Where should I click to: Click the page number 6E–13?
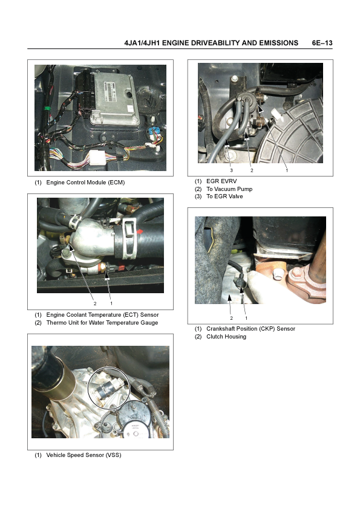(322, 43)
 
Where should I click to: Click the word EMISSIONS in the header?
(278, 43)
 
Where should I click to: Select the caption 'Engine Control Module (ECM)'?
(85, 183)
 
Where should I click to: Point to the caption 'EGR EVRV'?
(221, 181)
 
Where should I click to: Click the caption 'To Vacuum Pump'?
(229, 189)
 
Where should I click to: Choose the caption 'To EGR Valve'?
(224, 196)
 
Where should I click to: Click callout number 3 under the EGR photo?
(231, 170)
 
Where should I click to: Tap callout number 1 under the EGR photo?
(287, 170)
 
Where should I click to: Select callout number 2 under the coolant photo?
(95, 303)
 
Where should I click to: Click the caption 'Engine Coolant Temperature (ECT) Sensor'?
(102, 315)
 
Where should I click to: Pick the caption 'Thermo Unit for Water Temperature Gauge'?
(102, 323)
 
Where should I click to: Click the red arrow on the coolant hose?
(140, 232)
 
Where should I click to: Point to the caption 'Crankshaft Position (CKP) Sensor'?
(251, 328)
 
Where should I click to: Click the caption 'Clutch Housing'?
(226, 337)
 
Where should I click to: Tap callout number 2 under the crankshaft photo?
(231, 318)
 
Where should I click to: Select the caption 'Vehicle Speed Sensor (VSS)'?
(84, 455)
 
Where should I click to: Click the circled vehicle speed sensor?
(109, 387)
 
